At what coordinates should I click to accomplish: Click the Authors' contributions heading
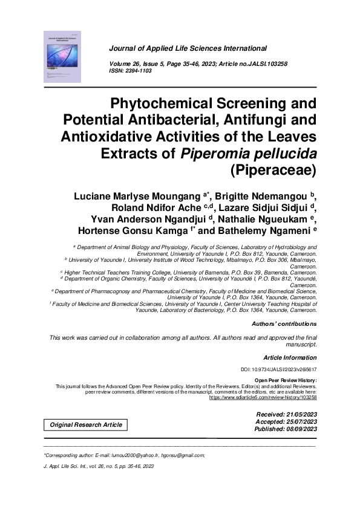(x=284, y=325)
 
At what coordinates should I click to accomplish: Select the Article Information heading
(x=290, y=357)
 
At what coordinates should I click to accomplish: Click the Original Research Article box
(x=86, y=424)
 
